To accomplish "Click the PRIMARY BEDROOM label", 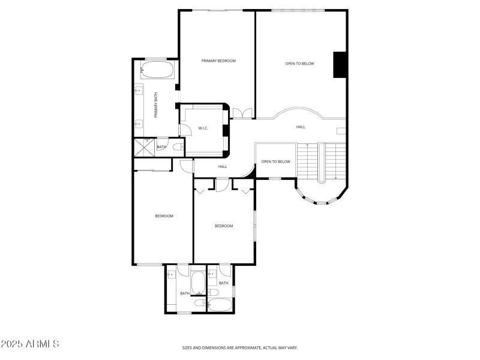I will click(x=218, y=61).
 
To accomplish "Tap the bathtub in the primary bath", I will click(x=157, y=70).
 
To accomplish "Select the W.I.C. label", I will click(x=203, y=128).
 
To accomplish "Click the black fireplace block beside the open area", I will click(x=340, y=65).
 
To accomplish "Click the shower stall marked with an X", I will click(x=145, y=147).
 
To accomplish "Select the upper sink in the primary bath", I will click(x=139, y=91).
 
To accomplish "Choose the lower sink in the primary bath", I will click(x=139, y=124).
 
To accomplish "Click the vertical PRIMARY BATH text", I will click(x=155, y=105).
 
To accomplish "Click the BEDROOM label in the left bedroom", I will click(x=164, y=216).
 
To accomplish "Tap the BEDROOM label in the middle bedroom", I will click(x=224, y=226).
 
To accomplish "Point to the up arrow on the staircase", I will click(x=307, y=145).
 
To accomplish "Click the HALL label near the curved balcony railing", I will click(x=301, y=127).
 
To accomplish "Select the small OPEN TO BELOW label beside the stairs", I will click(x=275, y=161).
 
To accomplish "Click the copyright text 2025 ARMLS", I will click(x=30, y=344).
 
